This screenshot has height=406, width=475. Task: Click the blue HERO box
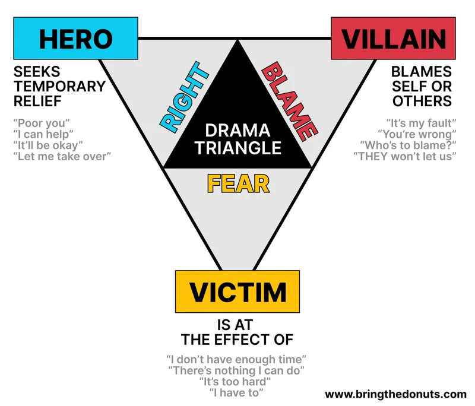tap(76, 39)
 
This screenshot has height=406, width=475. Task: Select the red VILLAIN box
tap(393, 39)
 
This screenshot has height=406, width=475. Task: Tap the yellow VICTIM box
tap(237, 291)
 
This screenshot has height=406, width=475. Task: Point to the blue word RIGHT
tap(184, 97)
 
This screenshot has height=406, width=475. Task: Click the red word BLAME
tap(290, 101)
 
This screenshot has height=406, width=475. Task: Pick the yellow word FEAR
tap(239, 184)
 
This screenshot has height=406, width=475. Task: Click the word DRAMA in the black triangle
tap(238, 131)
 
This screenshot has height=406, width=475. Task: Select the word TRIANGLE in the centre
tap(238, 148)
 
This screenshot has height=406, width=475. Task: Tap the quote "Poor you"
tap(42, 123)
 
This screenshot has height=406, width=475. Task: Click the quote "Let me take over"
tap(62, 157)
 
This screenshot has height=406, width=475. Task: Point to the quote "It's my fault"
tap(421, 123)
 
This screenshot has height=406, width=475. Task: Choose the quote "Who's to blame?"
tap(408, 145)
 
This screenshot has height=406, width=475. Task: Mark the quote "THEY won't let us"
tap(405, 157)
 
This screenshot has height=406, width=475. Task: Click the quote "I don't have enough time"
tap(236, 359)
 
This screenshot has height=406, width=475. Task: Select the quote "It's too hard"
tap(235, 382)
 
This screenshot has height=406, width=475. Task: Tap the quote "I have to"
tap(236, 393)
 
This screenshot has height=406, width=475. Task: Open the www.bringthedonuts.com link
tap(395, 394)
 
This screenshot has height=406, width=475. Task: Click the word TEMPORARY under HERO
tap(60, 86)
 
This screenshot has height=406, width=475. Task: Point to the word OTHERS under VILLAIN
tap(422, 101)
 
